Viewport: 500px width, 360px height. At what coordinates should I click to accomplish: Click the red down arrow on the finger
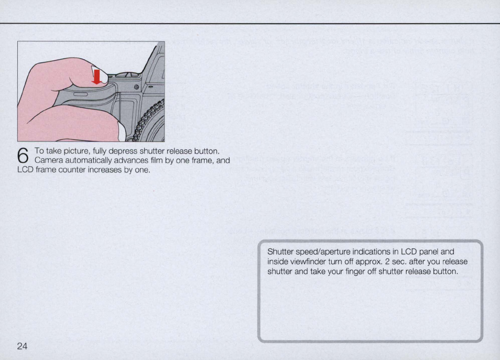(x=96, y=77)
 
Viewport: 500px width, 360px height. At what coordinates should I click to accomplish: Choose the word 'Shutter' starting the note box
(x=279, y=252)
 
